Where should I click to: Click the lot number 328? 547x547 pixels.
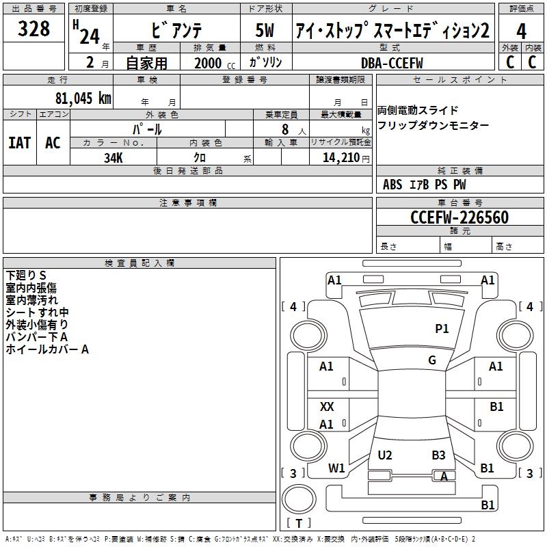pyautogui.click(x=34, y=29)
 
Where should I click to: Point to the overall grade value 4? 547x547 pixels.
pyautogui.click(x=522, y=31)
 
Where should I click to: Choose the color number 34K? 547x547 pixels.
pyautogui.click(x=114, y=157)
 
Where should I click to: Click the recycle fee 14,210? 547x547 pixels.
pyautogui.click(x=341, y=157)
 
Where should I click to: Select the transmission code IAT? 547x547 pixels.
pyautogui.click(x=19, y=142)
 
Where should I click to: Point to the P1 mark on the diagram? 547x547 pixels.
pyautogui.click(x=442, y=329)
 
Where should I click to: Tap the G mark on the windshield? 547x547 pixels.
pyautogui.click(x=432, y=360)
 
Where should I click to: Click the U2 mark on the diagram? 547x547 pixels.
pyautogui.click(x=385, y=455)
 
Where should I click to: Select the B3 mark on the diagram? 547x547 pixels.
pyautogui.click(x=438, y=455)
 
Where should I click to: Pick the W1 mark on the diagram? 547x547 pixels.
pyautogui.click(x=336, y=468)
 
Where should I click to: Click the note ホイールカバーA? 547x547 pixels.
pyautogui.click(x=47, y=349)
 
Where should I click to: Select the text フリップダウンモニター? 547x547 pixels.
pyautogui.click(x=433, y=125)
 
